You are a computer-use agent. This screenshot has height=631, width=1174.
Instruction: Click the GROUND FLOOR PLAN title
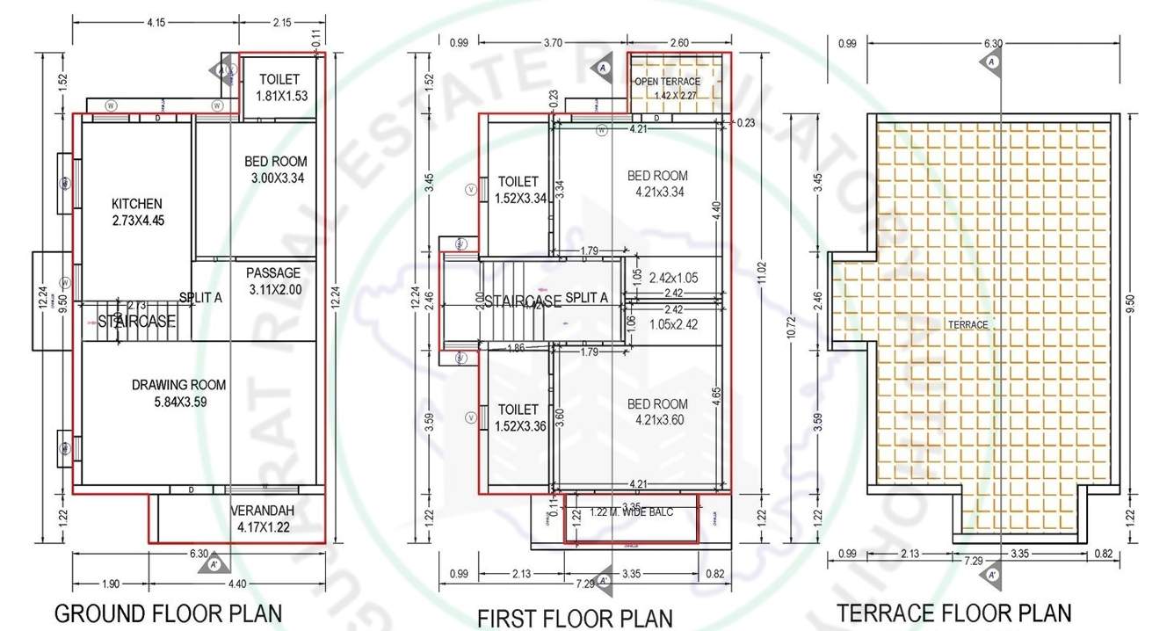(169, 613)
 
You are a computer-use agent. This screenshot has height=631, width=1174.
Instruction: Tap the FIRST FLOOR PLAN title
(575, 617)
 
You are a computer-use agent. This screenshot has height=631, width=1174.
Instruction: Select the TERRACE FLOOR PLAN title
(953, 613)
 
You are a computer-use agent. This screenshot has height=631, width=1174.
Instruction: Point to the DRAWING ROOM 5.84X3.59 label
(178, 393)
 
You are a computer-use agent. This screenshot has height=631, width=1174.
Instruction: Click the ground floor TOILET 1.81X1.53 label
(280, 88)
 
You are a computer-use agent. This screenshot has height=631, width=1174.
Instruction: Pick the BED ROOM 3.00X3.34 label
(275, 170)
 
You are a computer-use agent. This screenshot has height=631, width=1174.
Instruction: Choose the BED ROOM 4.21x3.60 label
(657, 411)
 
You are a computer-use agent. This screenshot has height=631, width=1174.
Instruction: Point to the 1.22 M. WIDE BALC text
(631, 512)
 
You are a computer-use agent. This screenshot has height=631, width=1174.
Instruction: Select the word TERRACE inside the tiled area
(967, 324)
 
